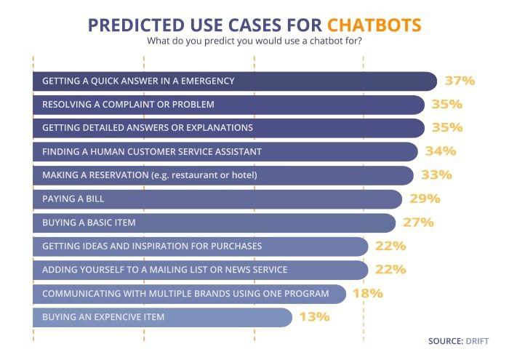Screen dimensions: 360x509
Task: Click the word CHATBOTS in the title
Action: click(x=374, y=24)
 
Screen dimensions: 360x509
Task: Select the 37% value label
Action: click(x=459, y=81)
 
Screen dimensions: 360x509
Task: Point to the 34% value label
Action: click(x=440, y=151)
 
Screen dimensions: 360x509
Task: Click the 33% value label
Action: click(x=436, y=175)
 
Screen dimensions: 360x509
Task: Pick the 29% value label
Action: click(x=425, y=199)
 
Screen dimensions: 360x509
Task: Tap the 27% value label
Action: click(x=418, y=223)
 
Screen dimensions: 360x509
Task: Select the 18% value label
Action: click(x=368, y=294)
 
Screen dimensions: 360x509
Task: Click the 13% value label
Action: click(x=313, y=317)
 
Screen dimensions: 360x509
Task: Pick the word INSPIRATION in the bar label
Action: click(x=154, y=247)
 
